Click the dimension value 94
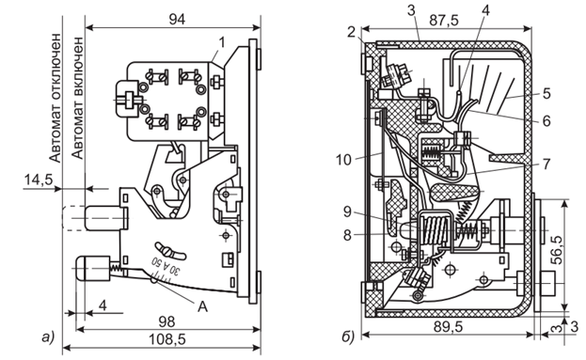pos(177,20)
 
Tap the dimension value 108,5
pos(167,339)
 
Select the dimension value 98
pos(166,321)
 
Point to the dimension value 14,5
pos(39,180)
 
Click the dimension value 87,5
pos(444,20)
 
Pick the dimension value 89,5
pos(448,327)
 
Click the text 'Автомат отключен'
pos(55,98)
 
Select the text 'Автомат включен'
pos(78,98)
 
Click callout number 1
pos(222,43)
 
